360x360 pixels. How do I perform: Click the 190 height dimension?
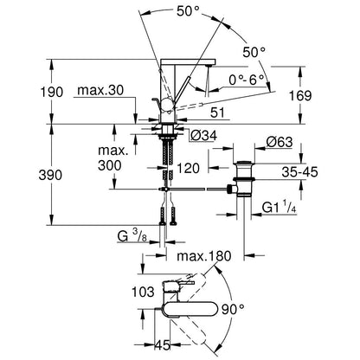[52, 93]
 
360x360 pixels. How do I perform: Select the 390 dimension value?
[50, 175]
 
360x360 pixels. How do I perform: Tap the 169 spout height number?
[300, 95]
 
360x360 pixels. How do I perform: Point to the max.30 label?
[100, 91]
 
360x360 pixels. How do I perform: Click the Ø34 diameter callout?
[204, 136]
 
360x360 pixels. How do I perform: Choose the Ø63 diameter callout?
[280, 142]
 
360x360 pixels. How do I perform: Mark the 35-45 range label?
[300, 172]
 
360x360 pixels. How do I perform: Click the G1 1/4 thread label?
[279, 208]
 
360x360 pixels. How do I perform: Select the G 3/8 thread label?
[132, 236]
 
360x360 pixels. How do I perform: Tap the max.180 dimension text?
[204, 255]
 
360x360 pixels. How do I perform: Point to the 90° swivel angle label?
[233, 310]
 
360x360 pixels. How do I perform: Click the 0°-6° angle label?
[247, 80]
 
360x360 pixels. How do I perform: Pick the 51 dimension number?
[217, 112]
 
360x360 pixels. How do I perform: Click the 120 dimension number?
[188, 168]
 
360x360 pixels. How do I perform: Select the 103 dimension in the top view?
[144, 292]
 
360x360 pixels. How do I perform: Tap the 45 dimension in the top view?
[163, 345]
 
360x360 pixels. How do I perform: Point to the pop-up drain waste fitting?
[243, 179]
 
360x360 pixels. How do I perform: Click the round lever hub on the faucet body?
[168, 104]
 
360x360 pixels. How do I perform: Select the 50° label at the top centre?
[188, 11]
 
